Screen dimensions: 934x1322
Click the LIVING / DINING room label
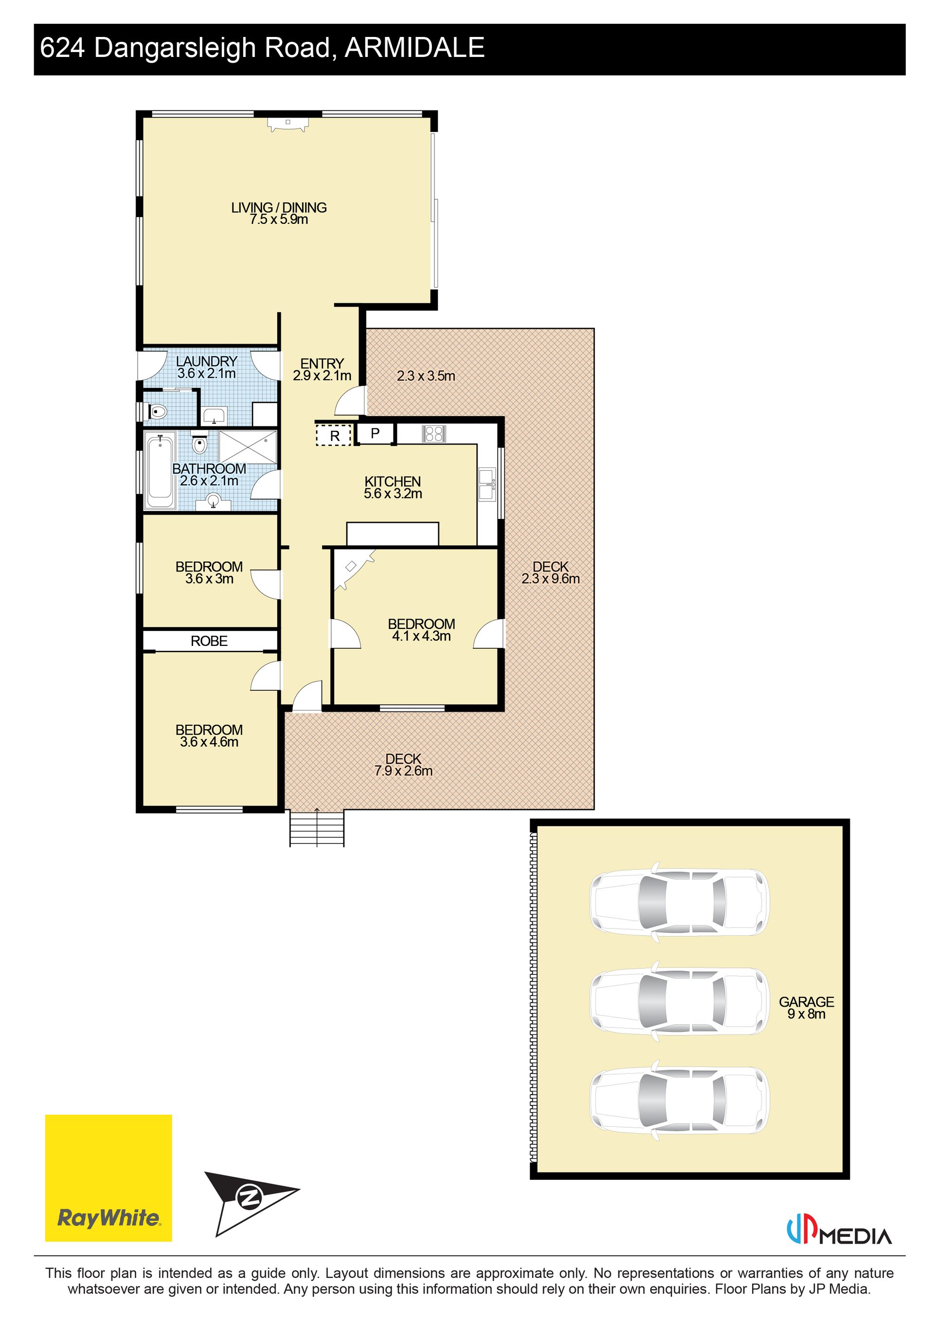point(279,207)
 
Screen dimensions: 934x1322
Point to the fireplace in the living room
point(287,125)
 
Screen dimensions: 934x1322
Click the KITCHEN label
point(393,481)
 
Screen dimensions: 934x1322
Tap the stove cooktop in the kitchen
point(434,434)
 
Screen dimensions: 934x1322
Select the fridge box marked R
point(334,435)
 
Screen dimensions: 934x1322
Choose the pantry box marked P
point(375,433)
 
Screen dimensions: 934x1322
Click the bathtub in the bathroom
point(160,472)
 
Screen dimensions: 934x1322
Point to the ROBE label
point(209,641)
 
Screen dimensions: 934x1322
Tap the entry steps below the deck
point(317,828)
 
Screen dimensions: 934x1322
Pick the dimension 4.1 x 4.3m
point(421,636)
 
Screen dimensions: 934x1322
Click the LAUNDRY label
point(207,361)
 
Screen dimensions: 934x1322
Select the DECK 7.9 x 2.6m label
point(403,765)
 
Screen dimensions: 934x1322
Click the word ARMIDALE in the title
point(414,48)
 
